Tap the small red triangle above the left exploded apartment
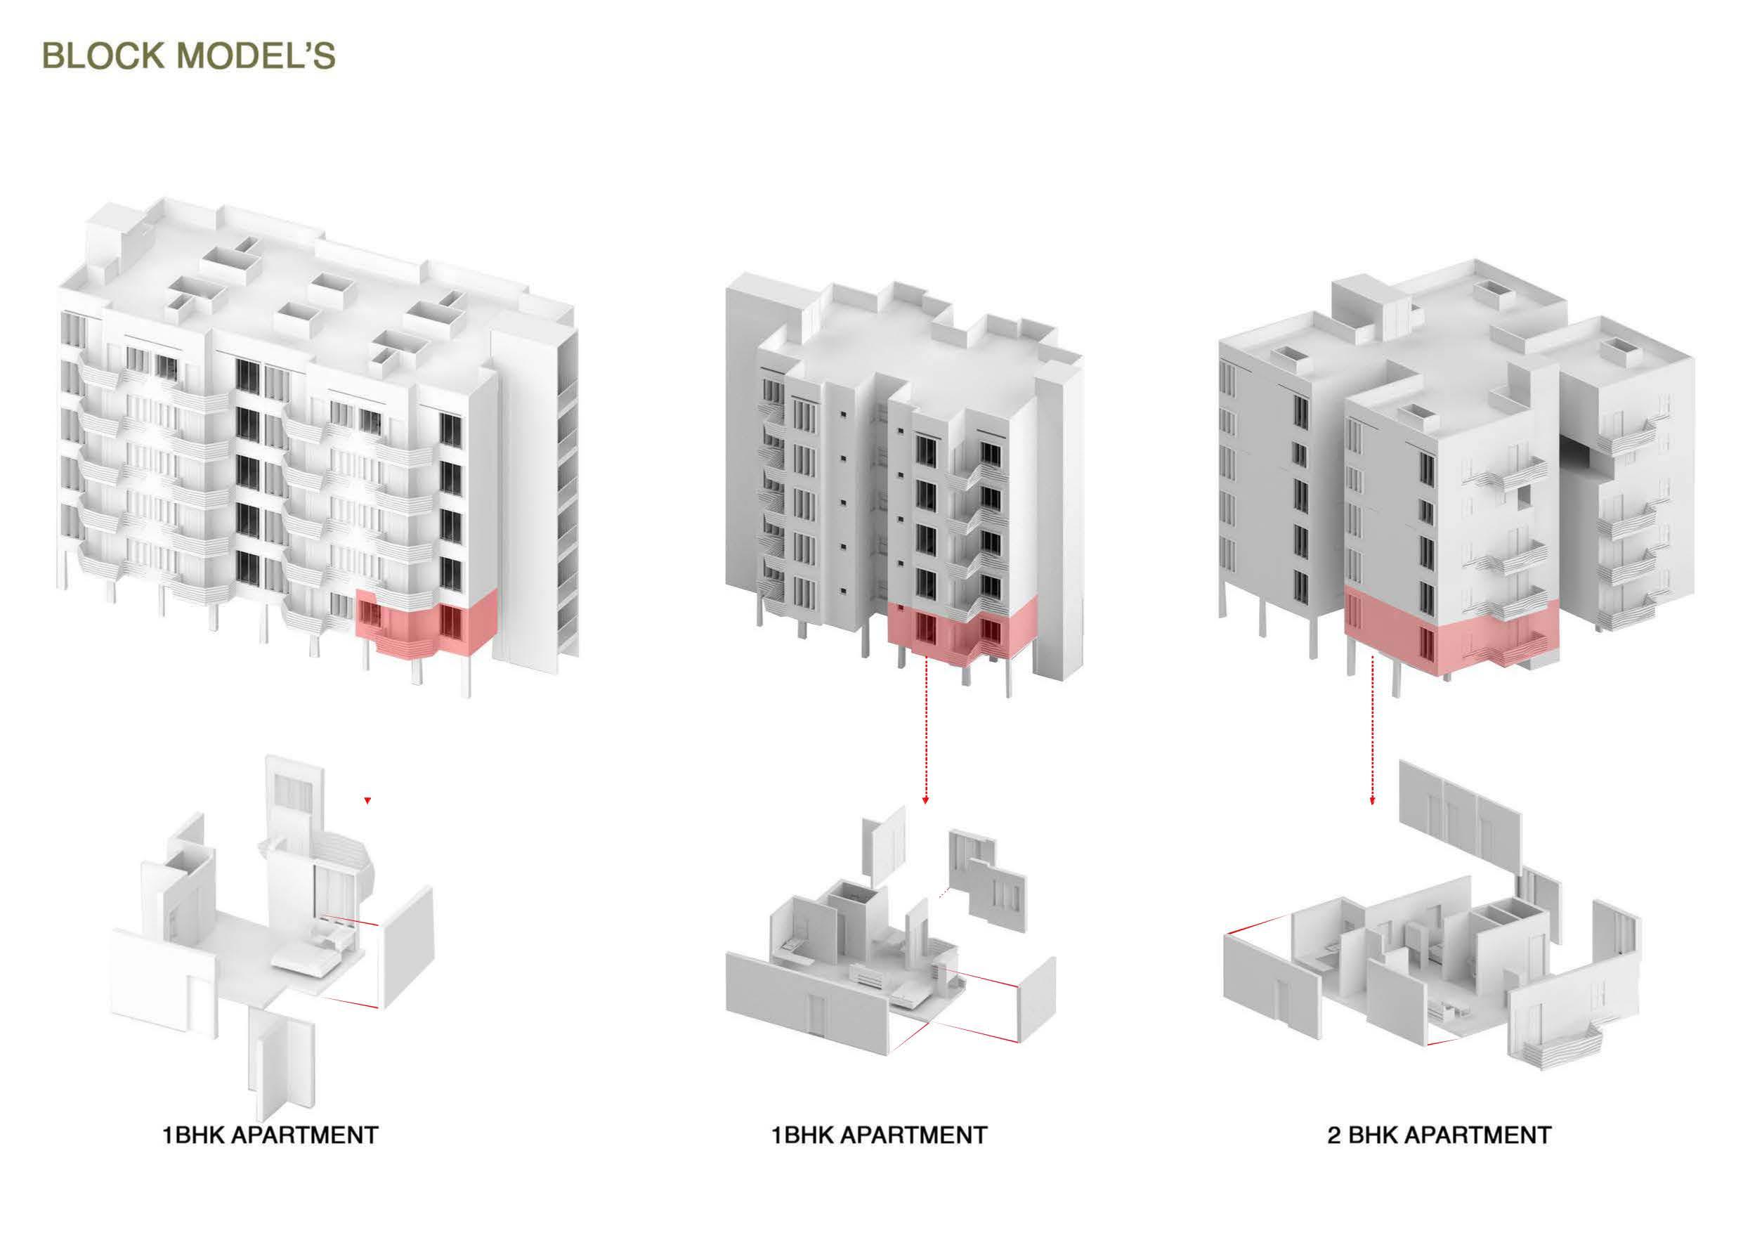coord(367,800)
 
